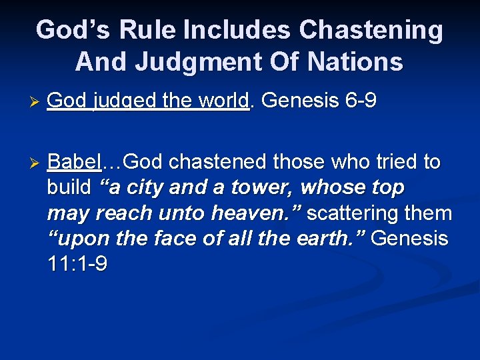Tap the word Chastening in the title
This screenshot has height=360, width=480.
[x=371, y=30]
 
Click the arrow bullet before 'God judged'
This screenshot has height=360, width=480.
[x=37, y=102]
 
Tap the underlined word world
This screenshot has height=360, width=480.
[x=223, y=101]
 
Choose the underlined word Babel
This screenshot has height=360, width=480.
[x=74, y=163]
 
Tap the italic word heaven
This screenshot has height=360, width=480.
[x=264, y=213]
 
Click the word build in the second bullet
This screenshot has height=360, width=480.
[x=69, y=188]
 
